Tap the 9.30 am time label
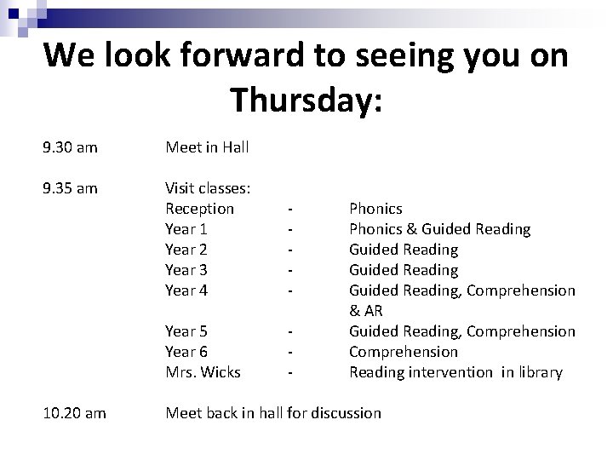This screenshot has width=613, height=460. (70, 147)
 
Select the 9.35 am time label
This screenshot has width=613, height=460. (70, 188)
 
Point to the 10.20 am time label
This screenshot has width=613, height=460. (74, 413)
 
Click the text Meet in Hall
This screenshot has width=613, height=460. (207, 147)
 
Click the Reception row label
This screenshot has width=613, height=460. (199, 209)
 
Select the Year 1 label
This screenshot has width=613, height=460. (186, 229)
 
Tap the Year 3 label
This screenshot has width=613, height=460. (186, 270)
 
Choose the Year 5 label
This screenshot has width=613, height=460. (186, 331)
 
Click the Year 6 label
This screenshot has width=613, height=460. (186, 352)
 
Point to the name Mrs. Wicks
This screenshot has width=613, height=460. (203, 372)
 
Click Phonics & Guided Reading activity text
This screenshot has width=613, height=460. (440, 229)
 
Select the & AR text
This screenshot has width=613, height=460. (366, 311)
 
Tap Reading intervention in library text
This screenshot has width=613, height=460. (456, 372)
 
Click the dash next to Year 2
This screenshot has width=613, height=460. (292, 250)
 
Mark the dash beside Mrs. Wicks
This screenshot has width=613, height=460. (292, 372)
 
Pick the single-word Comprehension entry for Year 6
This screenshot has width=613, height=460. (404, 352)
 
